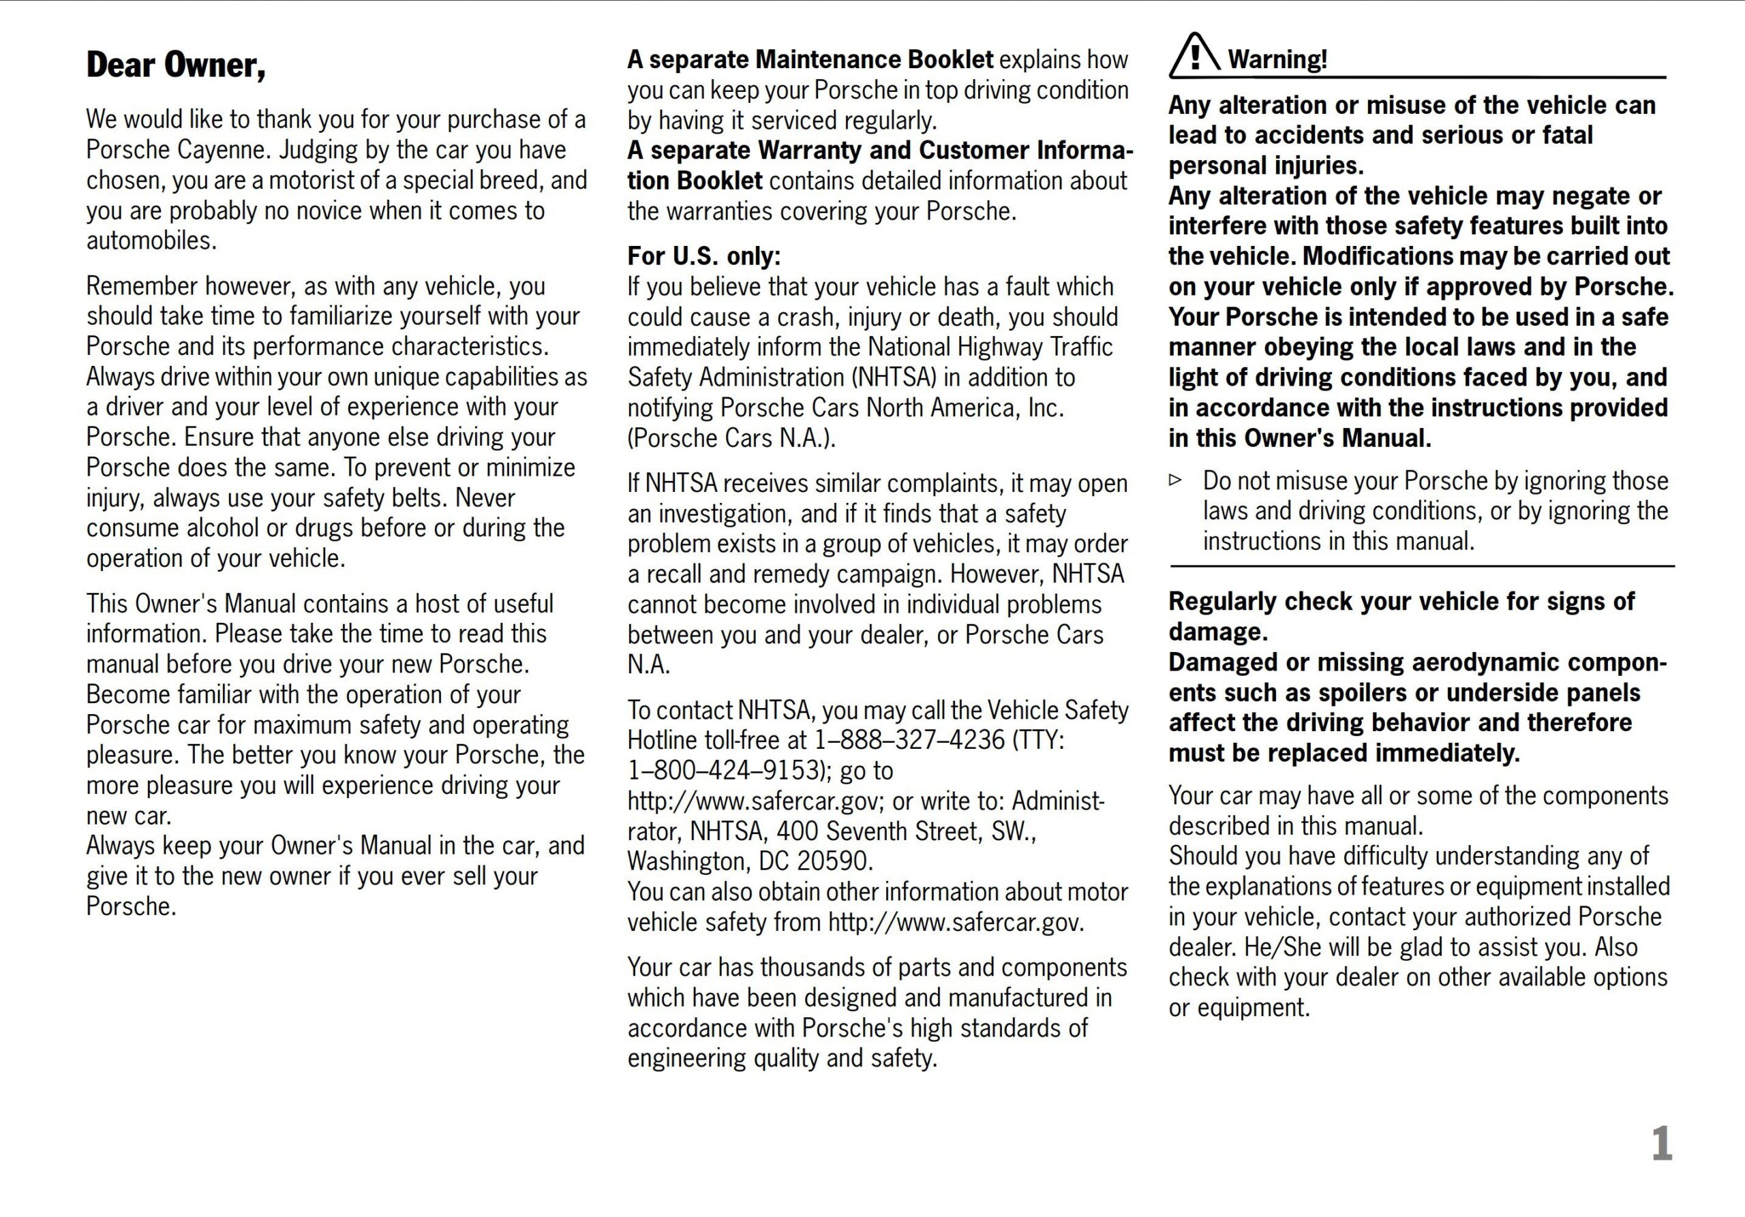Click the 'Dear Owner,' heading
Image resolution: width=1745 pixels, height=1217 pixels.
[x=176, y=65]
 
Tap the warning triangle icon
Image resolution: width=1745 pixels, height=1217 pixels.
[x=1194, y=56]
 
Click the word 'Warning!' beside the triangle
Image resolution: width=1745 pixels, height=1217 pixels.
[x=1277, y=59]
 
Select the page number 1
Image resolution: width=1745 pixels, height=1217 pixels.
[x=1661, y=1143]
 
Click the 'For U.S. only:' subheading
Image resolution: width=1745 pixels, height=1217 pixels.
[x=703, y=256]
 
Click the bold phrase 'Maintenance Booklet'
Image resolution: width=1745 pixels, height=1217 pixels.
[x=874, y=59]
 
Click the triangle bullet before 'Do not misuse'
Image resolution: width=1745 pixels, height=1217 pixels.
[x=1176, y=480]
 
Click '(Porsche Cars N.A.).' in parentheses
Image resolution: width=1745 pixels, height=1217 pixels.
[x=731, y=438]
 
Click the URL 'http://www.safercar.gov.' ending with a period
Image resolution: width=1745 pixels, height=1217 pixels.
[x=956, y=922]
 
